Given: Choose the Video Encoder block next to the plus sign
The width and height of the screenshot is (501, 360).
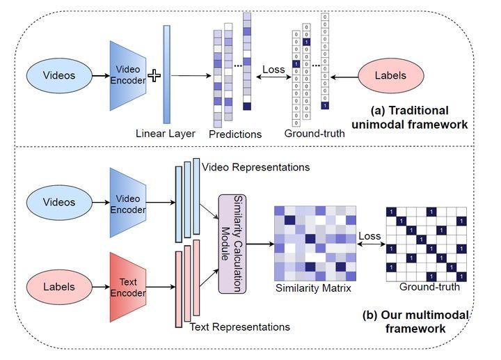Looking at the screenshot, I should [129, 75].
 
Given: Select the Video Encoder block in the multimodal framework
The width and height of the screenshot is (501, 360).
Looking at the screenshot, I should [129, 203].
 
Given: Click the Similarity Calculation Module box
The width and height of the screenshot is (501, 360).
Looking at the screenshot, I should [233, 243].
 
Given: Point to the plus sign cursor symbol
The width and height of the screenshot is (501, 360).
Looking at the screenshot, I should [154, 75].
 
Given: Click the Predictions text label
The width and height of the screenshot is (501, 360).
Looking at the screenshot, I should [235, 134].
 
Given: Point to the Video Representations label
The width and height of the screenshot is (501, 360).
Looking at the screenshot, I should [255, 167].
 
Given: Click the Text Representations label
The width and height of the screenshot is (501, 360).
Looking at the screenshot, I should [239, 326].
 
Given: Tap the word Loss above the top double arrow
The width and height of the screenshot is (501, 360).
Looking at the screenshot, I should [274, 70].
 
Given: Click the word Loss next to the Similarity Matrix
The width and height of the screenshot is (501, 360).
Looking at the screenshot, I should [369, 236].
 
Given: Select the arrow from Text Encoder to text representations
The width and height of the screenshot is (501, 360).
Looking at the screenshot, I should [161, 286].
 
